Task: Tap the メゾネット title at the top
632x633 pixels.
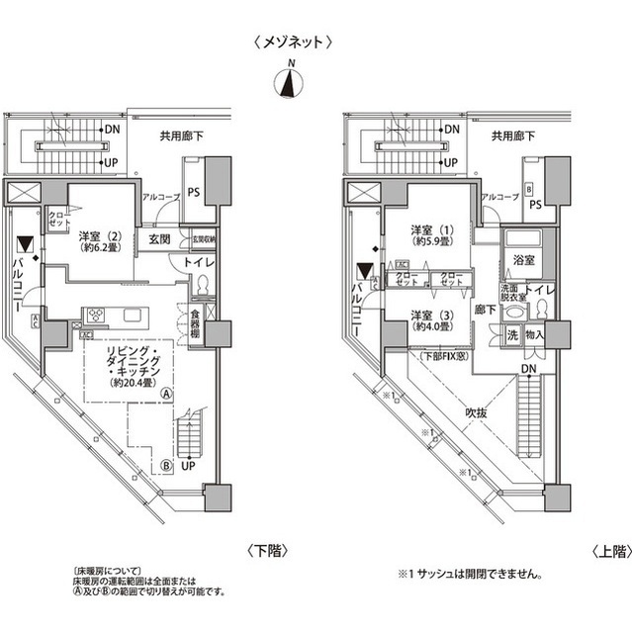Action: (291, 42)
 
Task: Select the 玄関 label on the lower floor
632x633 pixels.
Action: (160, 240)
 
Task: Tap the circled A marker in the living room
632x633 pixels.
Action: (167, 393)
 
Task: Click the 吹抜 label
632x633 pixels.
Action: (479, 413)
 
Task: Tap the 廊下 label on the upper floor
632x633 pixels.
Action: (486, 309)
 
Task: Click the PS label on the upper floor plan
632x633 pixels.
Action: (535, 205)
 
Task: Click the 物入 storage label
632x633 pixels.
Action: (536, 335)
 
